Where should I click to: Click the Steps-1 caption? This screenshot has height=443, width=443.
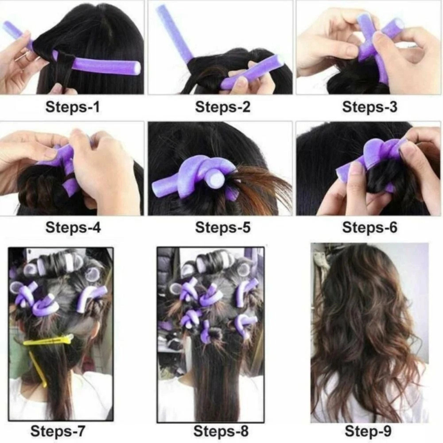click(73, 107)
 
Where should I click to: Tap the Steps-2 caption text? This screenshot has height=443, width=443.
click(223, 107)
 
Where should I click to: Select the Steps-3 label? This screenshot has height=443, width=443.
click(370, 107)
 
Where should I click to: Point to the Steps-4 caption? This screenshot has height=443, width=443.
click(73, 228)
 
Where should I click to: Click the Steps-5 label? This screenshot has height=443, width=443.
click(223, 228)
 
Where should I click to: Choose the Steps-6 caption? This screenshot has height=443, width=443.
click(370, 228)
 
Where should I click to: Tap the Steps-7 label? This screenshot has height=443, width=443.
click(58, 431)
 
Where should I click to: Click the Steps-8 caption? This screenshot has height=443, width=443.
click(221, 431)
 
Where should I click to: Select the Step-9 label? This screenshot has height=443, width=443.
click(368, 431)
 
